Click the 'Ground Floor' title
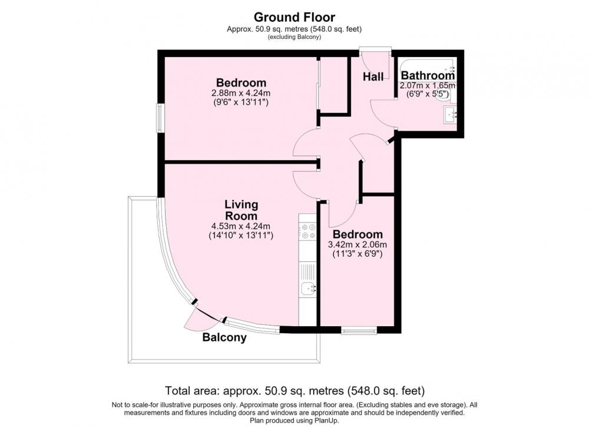(x=294, y=17)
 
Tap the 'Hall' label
(x=373, y=77)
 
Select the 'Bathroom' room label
(x=428, y=75)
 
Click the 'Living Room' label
(x=241, y=210)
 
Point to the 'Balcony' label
(x=224, y=337)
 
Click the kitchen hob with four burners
(x=308, y=231)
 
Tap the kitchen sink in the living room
(x=309, y=288)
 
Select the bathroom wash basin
(x=450, y=115)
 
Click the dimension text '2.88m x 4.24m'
(x=241, y=93)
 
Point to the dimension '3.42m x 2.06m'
(x=358, y=245)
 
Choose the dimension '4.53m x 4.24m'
(x=241, y=227)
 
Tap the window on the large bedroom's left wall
(x=160, y=118)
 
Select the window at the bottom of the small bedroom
(x=359, y=331)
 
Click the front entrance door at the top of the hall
(x=375, y=60)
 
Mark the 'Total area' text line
(x=295, y=391)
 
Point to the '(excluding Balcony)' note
(x=294, y=37)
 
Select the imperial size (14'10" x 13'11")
(x=241, y=235)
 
